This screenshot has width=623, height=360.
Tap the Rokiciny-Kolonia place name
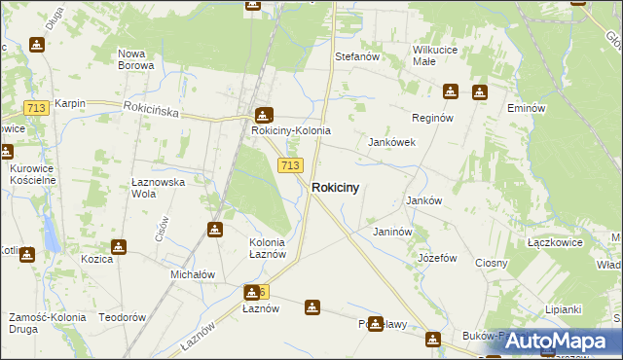pos(291,130)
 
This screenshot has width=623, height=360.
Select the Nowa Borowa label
pos(135,59)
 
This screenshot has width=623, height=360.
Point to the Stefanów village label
pos(356,57)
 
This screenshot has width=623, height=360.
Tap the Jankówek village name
pos(391,142)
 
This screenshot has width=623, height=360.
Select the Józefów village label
pos(437,258)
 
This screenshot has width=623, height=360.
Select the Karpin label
pos(70,103)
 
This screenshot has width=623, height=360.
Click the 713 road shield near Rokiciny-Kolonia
pos(289,166)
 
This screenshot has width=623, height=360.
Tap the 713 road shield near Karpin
pos(37,108)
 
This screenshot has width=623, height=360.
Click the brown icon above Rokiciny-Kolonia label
pos(263,114)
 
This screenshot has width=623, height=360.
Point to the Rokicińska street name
pos(151,111)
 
